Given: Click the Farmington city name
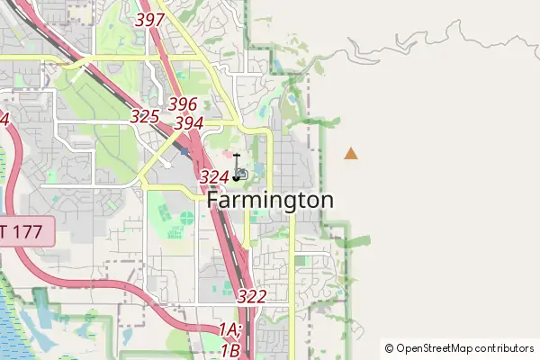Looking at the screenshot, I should coord(270,200).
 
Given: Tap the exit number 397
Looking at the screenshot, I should coord(149,19).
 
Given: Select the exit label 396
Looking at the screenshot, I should coord(182,104).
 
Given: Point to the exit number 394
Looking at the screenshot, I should coord(188,122).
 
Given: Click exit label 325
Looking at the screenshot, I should coord(144,116).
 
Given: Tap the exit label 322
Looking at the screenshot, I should coord(252,296).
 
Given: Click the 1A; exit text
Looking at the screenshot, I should coord(230,331).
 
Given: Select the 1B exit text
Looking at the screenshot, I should coord(229,350).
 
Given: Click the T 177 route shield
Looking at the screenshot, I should coord(27,232).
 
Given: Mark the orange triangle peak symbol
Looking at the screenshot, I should coord(350,154).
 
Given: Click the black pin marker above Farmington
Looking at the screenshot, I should coord(237,167).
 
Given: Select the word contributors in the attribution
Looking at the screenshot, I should coord(505,348).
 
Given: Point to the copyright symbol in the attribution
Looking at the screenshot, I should coord(390,348).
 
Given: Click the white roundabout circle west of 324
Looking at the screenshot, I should coord(166,165).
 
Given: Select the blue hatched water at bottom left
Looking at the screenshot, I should coord(11,319).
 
